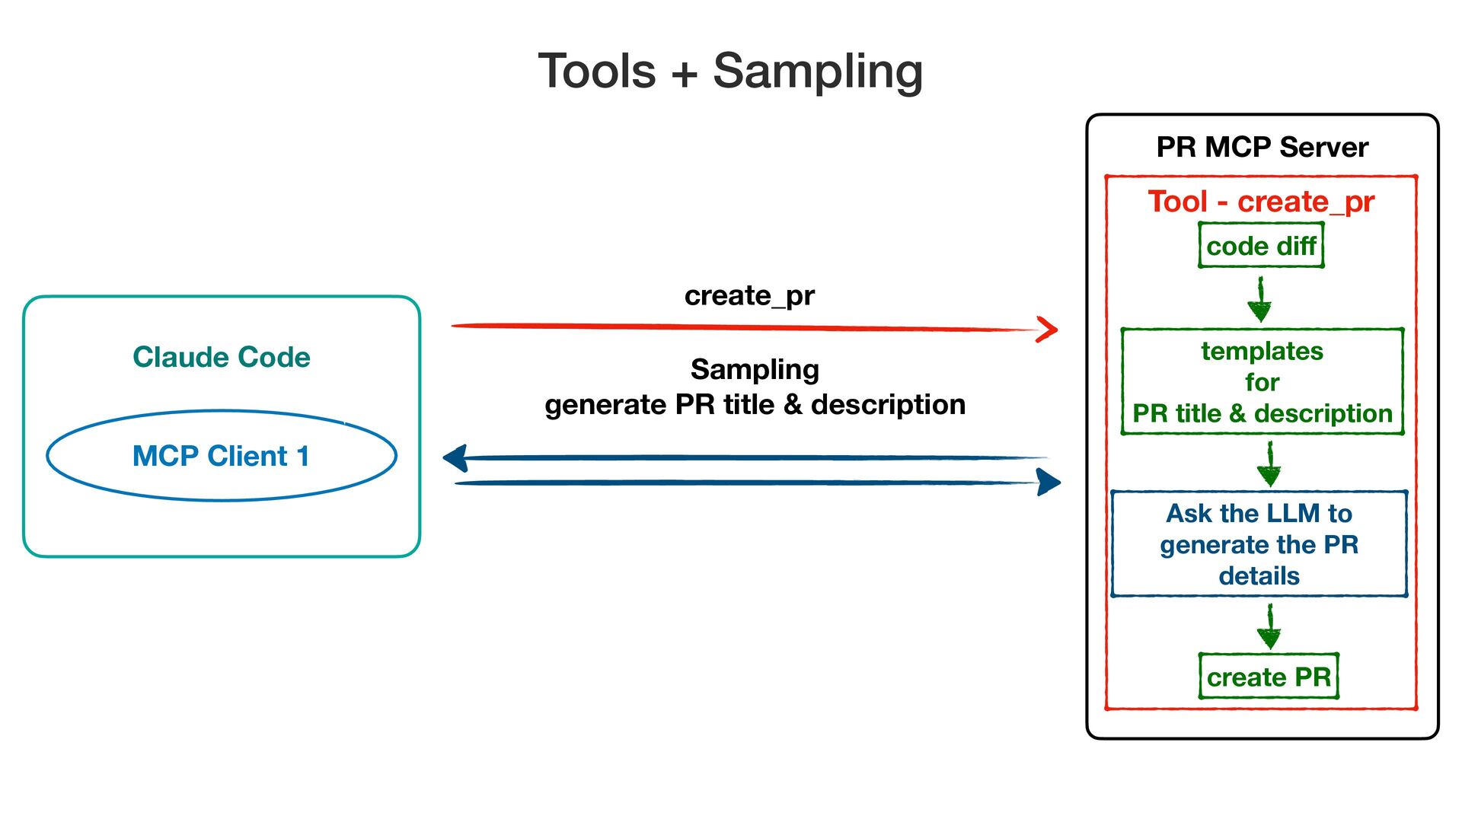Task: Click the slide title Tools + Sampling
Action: click(730, 72)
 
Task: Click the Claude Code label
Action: click(222, 357)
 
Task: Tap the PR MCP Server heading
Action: click(1262, 147)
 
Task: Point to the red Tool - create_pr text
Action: click(1261, 202)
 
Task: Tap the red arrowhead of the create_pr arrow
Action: click(1049, 330)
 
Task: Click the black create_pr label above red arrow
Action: click(749, 296)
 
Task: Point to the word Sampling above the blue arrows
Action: click(755, 370)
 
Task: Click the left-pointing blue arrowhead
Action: click(455, 458)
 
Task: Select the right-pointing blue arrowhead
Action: click(1049, 482)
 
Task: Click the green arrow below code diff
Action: click(1260, 300)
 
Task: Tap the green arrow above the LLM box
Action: click(1269, 465)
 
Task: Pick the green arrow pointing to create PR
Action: click(1269, 627)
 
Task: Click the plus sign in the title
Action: click(684, 74)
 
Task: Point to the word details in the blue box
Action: click(1259, 576)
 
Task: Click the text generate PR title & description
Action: click(755, 405)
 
